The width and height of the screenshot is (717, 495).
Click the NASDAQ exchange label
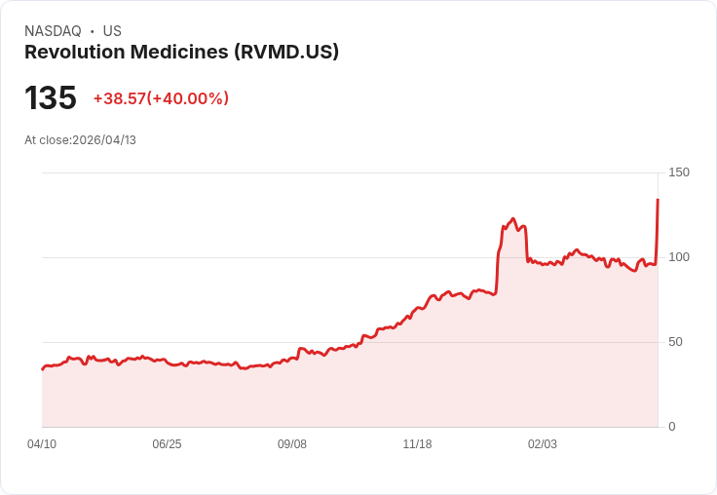pos(53,31)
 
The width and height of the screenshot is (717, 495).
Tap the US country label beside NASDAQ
pos(112,31)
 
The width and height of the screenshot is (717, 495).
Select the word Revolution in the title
pos(73,53)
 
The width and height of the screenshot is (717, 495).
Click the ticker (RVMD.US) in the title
pos(286,53)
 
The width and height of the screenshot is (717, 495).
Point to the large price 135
pos(51,98)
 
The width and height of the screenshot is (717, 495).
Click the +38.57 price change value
pos(119,98)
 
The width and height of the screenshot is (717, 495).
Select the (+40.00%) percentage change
pos(188,98)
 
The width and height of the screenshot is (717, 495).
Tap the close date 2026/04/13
pos(104,140)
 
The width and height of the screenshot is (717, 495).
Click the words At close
pos(47,140)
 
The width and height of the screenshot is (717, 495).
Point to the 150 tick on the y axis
pos(679,172)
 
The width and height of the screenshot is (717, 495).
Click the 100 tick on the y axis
pos(679,257)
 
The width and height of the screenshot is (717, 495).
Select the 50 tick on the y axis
pos(675,342)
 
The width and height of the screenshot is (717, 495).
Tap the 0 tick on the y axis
pos(672,427)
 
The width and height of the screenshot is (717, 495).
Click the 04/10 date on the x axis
pos(42,444)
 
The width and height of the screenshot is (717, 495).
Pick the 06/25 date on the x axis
pos(167,444)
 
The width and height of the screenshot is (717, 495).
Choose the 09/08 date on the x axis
pos(292,444)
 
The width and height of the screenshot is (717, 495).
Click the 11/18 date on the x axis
pos(417,444)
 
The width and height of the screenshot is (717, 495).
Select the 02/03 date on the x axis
pos(543,444)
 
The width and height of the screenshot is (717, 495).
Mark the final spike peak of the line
pos(658,200)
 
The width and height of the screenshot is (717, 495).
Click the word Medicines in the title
pos(182,53)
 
